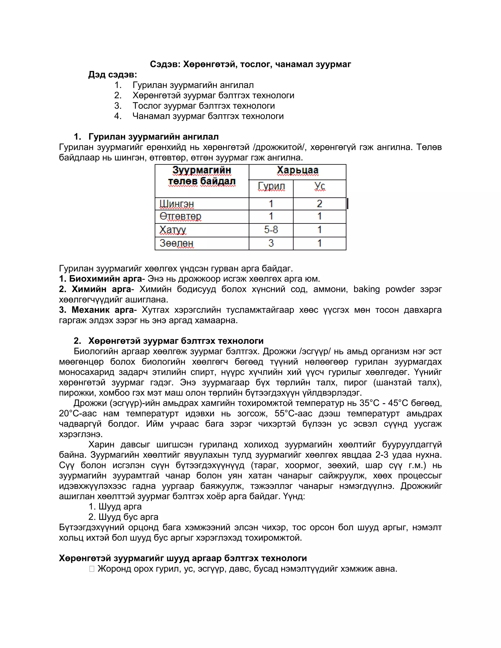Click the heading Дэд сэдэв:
point(113,75)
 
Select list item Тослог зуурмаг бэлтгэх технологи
point(204,106)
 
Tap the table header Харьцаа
point(297,171)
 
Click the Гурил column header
point(271,187)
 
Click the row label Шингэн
point(177,204)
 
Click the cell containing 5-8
point(271,230)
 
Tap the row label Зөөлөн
point(177,243)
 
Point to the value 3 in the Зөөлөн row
point(271,243)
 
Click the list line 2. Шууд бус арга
point(123,517)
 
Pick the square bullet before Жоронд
point(92,569)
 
